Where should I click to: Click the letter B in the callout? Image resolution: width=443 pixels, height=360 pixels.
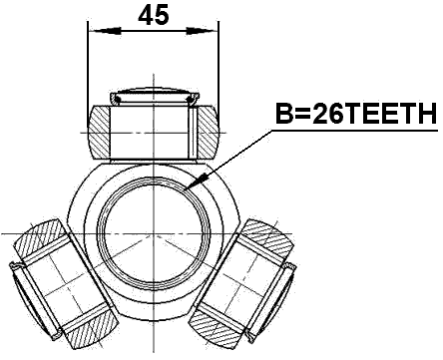coord(283,116)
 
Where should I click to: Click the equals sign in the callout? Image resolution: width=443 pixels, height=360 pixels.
coord(300,116)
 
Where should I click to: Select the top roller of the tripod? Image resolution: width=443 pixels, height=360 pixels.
coord(153,129)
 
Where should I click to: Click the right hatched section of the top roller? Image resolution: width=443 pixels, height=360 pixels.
coord(204,131)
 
